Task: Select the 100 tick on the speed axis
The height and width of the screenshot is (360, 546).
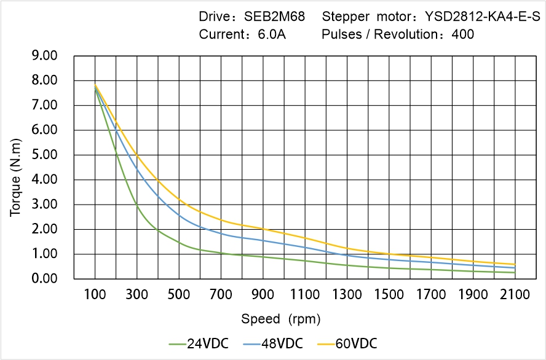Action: pos(95,295)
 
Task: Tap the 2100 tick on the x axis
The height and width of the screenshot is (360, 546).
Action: pos(515,295)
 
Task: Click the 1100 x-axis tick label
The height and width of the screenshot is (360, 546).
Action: pos(305,295)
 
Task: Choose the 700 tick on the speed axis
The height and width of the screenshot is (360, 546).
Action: pos(221,295)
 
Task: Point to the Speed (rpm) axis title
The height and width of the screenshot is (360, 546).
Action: pos(281,319)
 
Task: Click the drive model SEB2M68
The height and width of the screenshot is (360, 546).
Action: pos(275,17)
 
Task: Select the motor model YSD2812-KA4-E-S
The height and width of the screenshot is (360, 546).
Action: pos(482,17)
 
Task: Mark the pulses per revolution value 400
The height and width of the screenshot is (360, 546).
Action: pos(463,34)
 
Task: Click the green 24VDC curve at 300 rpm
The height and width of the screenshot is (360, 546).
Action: pos(137,206)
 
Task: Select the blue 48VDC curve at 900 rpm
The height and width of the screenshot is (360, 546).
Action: pos(263,240)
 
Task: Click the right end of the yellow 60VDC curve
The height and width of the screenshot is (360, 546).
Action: pos(515,264)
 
